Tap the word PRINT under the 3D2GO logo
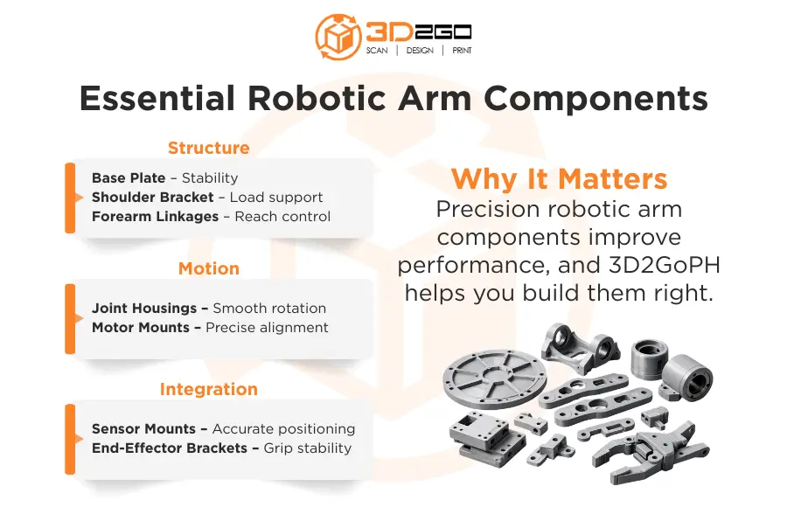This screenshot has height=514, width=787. point(462,51)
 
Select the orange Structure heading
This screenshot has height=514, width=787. point(208,148)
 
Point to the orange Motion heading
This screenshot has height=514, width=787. point(208,268)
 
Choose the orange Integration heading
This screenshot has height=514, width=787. point(208,389)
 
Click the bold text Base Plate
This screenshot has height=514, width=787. point(129,177)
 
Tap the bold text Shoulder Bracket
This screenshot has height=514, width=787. point(152,197)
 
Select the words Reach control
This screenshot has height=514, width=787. point(282,216)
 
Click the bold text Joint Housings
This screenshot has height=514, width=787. point(144,308)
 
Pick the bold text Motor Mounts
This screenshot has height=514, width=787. point(141,327)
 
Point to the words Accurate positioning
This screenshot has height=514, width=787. point(283,428)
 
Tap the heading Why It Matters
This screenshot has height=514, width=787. point(559,178)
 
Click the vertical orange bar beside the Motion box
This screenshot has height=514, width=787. point(70,317)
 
